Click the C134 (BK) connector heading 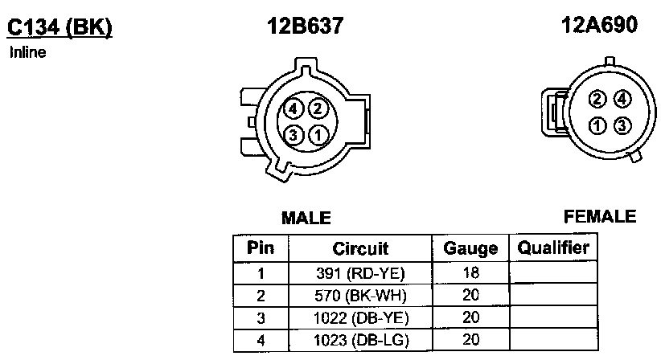click(x=60, y=28)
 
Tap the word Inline click(x=28, y=52)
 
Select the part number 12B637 click(x=306, y=25)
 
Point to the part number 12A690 click(x=599, y=24)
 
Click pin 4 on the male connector click(x=293, y=109)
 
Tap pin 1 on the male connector click(x=318, y=135)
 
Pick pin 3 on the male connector click(x=293, y=135)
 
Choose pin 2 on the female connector click(x=597, y=100)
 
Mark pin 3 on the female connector click(x=622, y=125)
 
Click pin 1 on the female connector click(x=597, y=125)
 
